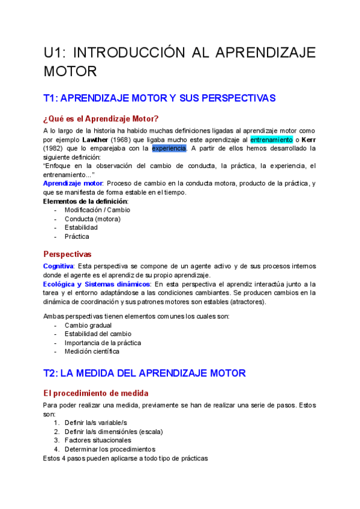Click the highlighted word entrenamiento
pyautogui.click(x=271, y=139)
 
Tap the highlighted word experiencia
pyautogui.click(x=169, y=148)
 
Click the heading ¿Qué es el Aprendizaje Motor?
pyautogui.click(x=101, y=118)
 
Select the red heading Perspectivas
pyautogui.click(x=67, y=254)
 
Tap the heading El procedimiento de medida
pyautogui.click(x=97, y=393)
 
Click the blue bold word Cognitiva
pyautogui.click(x=58, y=266)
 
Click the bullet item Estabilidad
pyautogui.click(x=81, y=227)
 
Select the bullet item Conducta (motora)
pyautogui.click(x=92, y=219)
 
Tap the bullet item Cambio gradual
pyautogui.click(x=88, y=325)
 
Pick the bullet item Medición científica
pyautogui.click(x=92, y=351)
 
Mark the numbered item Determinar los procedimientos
pyautogui.click(x=110, y=449)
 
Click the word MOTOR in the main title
pyautogui.click(x=70, y=71)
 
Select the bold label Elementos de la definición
pyautogui.click(x=85, y=201)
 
